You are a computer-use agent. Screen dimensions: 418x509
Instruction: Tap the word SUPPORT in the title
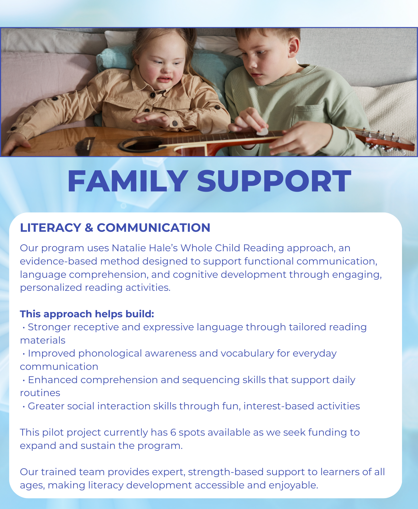274,181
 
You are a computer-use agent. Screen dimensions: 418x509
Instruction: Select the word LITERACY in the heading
51,228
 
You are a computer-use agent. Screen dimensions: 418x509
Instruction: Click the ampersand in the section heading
89,228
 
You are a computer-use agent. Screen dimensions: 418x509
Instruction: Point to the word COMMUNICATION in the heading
153,228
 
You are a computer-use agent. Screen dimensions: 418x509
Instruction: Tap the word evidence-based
58,261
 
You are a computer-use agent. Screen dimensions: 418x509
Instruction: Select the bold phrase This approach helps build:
87,314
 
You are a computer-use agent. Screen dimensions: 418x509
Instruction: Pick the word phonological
110,354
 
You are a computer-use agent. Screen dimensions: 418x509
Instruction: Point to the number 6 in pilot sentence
173,432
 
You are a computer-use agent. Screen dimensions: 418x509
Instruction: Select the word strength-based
226,472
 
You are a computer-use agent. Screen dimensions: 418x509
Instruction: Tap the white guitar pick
262,132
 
